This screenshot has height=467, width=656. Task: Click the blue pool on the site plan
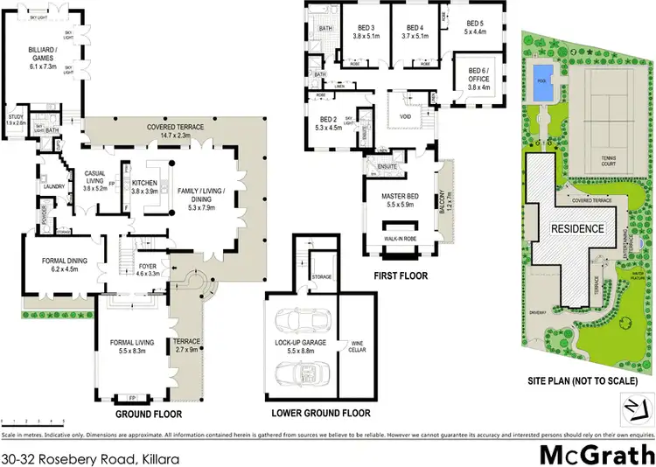(541, 79)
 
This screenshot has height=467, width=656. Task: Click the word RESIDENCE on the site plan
(576, 229)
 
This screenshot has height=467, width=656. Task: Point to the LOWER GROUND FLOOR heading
(321, 414)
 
